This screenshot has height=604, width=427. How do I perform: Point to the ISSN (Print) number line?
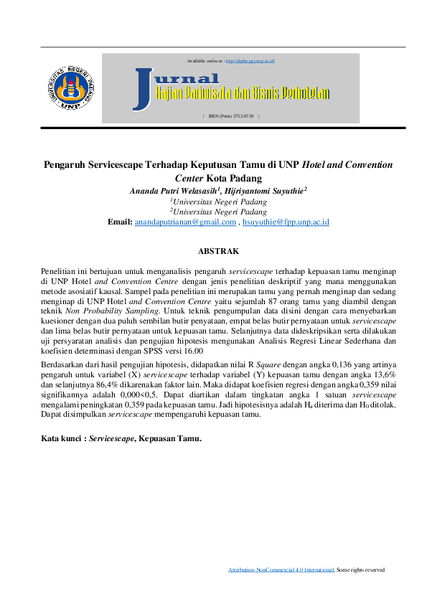[x=230, y=115]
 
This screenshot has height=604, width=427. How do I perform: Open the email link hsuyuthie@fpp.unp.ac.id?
[x=286, y=222]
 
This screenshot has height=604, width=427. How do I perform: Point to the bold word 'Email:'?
[x=120, y=222]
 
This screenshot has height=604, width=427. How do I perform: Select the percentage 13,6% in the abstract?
[x=384, y=375]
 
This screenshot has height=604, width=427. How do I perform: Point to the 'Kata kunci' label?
[x=61, y=437]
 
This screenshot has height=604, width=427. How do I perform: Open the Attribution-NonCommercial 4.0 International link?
[x=281, y=570]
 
